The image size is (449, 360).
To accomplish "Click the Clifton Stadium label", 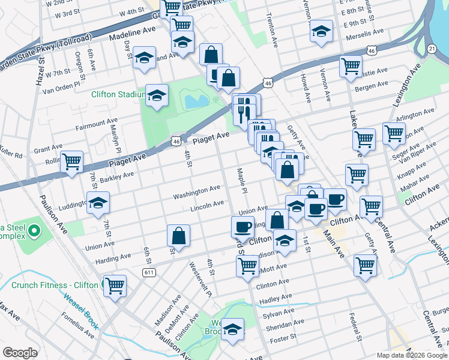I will pyautogui.click(x=118, y=94).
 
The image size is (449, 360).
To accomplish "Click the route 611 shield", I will pyautogui.click(x=149, y=272).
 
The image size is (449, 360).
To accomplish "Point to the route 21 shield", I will pyautogui.click(x=432, y=48).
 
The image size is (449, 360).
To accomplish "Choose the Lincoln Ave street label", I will pyautogui.click(x=206, y=206).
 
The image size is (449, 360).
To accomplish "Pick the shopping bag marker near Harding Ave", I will pyautogui.click(x=179, y=235).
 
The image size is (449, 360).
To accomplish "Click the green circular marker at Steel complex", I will pyautogui.click(x=35, y=230).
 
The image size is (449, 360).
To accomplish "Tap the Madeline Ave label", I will pyautogui.click(x=132, y=38).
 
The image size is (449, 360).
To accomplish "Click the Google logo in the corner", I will pyautogui.click(x=20, y=353).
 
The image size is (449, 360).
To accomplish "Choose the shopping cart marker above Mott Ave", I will pyautogui.click(x=247, y=266).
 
